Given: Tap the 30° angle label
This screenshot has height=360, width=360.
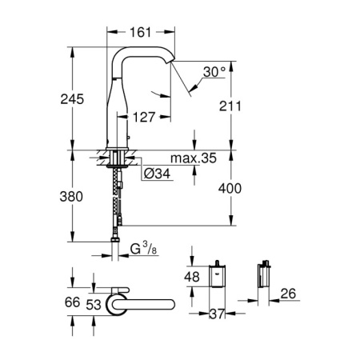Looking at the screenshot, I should pos(214,70).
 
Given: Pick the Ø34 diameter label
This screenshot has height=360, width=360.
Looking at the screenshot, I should pos(157,171).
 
